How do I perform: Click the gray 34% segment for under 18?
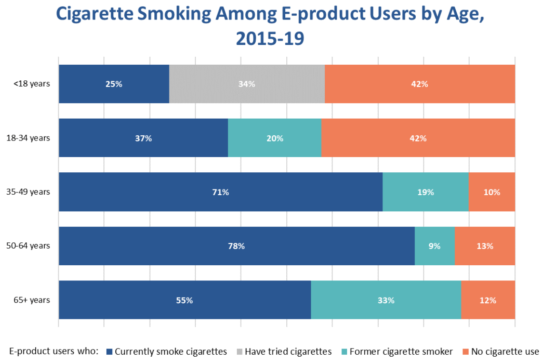tap(247, 84)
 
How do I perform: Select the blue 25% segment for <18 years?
tap(114, 84)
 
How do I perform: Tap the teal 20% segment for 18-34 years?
tap(275, 138)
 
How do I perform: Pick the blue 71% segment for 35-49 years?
tap(221, 192)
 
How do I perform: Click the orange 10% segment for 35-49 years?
tap(492, 192)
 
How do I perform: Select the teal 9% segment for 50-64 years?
tap(435, 246)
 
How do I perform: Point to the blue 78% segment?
tap(237, 246)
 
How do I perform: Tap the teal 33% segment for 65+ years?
tap(386, 300)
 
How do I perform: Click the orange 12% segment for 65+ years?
tap(488, 300)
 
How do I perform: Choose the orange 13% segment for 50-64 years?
tap(485, 246)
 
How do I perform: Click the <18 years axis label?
tap(31, 84)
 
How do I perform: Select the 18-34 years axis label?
tap(28, 138)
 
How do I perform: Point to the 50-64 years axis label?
tap(28, 246)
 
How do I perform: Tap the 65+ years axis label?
tap(32, 300)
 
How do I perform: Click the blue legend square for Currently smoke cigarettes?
tap(110, 352)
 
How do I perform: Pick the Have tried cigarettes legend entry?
tap(284, 352)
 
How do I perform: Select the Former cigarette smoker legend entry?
tap(397, 352)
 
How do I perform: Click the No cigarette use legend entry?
tap(501, 352)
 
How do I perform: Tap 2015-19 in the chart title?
tap(270, 39)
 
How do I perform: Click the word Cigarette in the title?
tap(94, 14)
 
